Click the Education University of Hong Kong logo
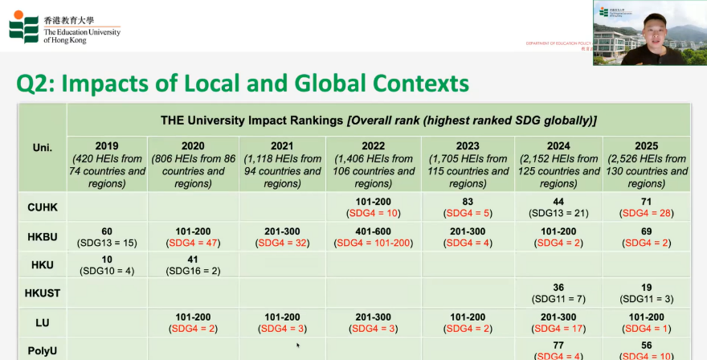64,26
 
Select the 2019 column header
107,164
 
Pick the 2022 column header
373,164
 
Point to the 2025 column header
647,164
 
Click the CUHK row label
43,207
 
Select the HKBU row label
43,235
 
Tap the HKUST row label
43,293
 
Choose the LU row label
43,322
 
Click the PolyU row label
43,350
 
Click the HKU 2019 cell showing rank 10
107,264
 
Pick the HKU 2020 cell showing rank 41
193,264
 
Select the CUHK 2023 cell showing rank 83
468,207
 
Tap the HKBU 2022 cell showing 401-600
373,235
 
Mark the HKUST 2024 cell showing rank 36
559,293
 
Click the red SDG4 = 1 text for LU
647,329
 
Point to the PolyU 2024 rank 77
559,346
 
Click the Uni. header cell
43,148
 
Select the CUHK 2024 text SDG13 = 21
559,213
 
